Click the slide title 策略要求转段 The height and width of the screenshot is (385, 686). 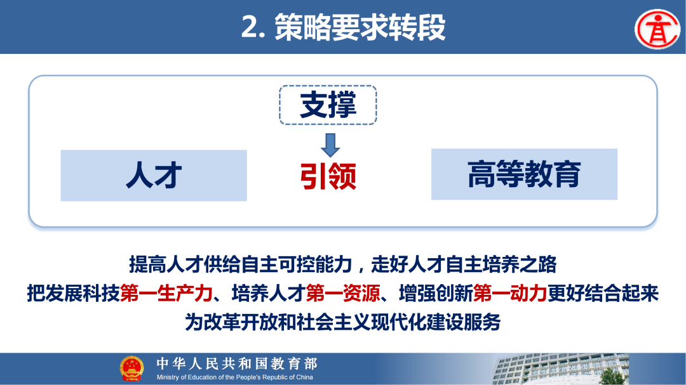360,27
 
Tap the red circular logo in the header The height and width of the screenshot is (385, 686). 657,28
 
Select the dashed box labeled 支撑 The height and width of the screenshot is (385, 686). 328,105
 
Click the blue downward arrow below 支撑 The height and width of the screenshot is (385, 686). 330,145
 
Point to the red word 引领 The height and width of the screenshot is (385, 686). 328,176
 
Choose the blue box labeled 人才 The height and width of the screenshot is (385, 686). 154,176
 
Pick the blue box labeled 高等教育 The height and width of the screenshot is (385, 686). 524,174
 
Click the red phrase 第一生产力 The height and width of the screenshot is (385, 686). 165,293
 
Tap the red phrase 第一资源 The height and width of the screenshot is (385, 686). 343,293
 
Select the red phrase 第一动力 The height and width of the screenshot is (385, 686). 510,293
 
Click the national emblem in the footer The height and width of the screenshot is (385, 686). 132,369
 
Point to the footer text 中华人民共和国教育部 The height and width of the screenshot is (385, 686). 236,363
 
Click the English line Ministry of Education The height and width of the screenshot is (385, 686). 235,377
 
